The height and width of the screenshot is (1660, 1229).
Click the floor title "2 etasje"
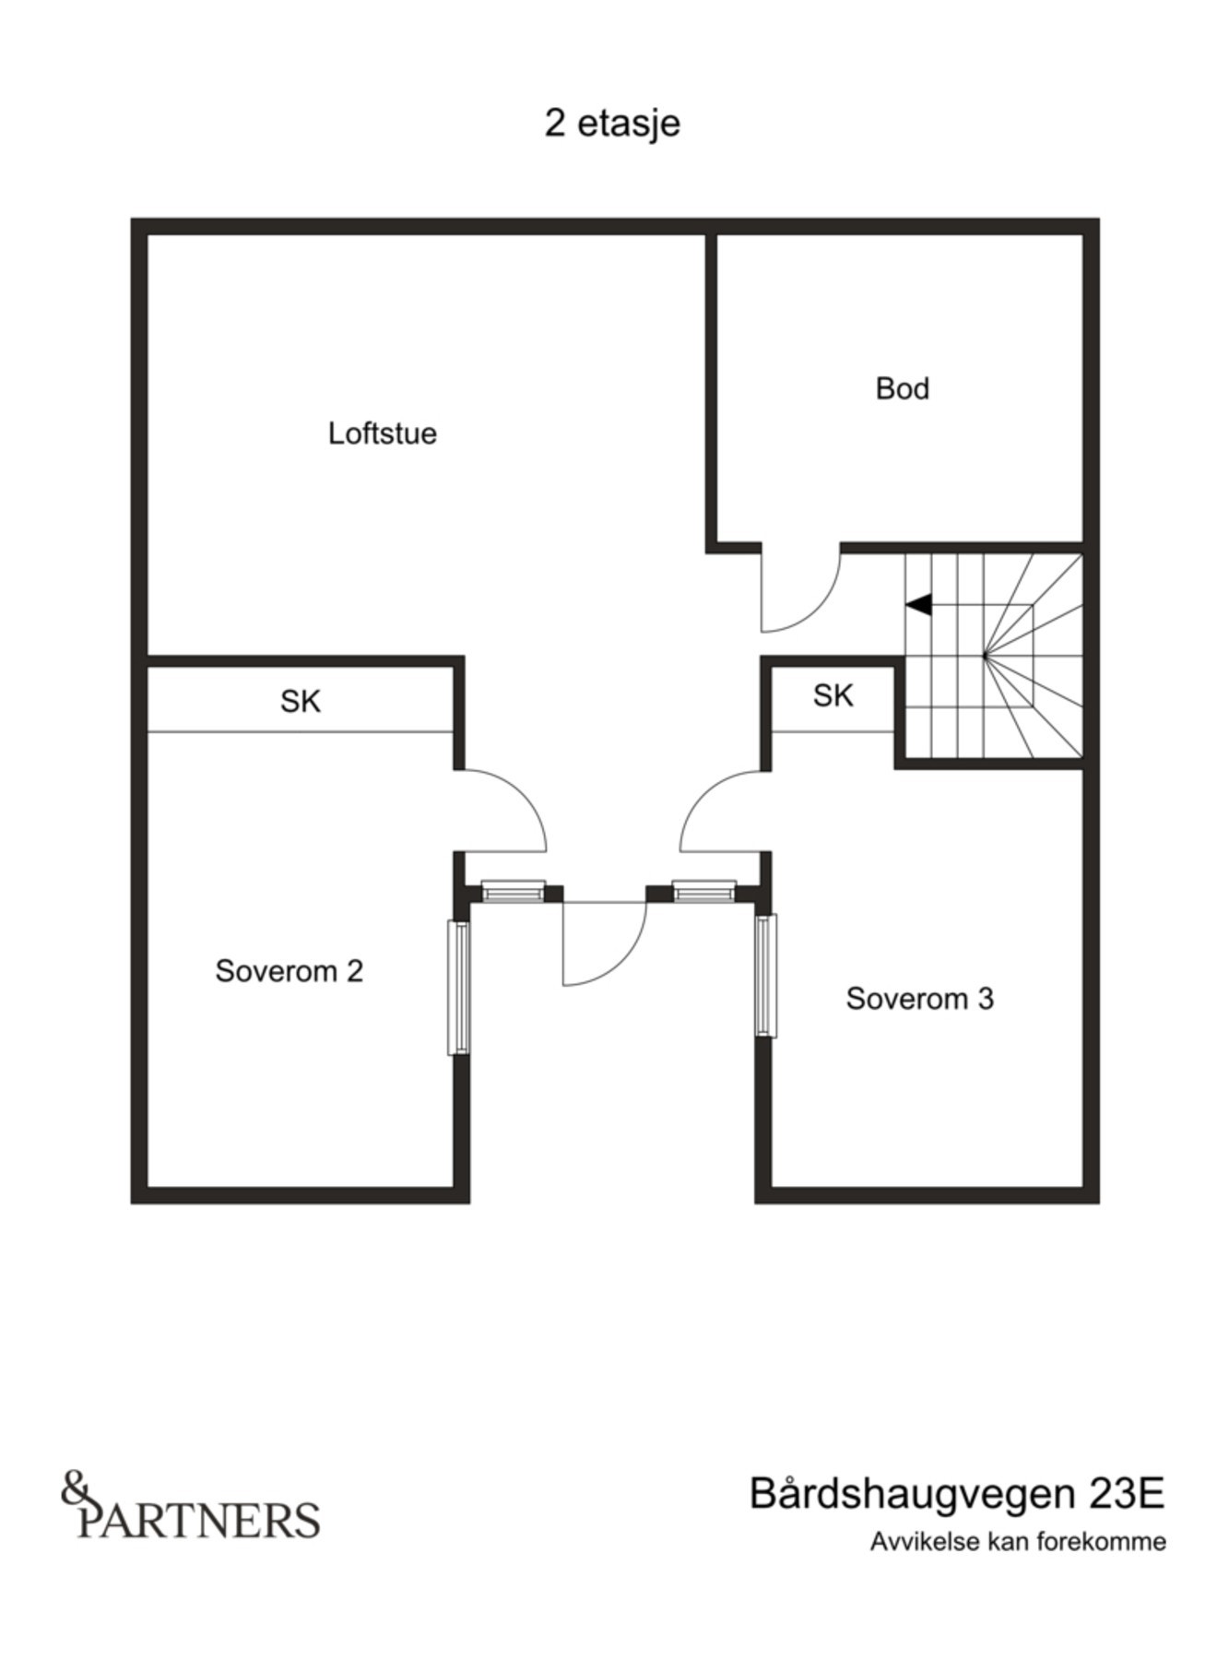click(x=612, y=123)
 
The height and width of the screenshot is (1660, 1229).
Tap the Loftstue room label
click(x=382, y=433)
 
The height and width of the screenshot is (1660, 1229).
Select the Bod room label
click(x=902, y=388)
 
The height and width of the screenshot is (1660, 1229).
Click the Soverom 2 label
click(x=289, y=971)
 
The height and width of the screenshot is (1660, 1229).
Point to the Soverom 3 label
click(x=919, y=999)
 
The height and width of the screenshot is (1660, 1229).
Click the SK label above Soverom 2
click(x=301, y=702)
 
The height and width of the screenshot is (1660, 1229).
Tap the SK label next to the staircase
click(x=833, y=695)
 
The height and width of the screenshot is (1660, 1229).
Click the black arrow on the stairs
click(x=918, y=605)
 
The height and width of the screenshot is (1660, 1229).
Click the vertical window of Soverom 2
click(x=458, y=987)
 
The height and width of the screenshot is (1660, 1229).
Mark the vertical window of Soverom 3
click(x=765, y=975)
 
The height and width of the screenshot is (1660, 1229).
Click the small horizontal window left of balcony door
click(x=513, y=891)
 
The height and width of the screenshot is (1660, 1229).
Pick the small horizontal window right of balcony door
click(x=703, y=891)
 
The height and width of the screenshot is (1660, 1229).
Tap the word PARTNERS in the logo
click(x=199, y=1519)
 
